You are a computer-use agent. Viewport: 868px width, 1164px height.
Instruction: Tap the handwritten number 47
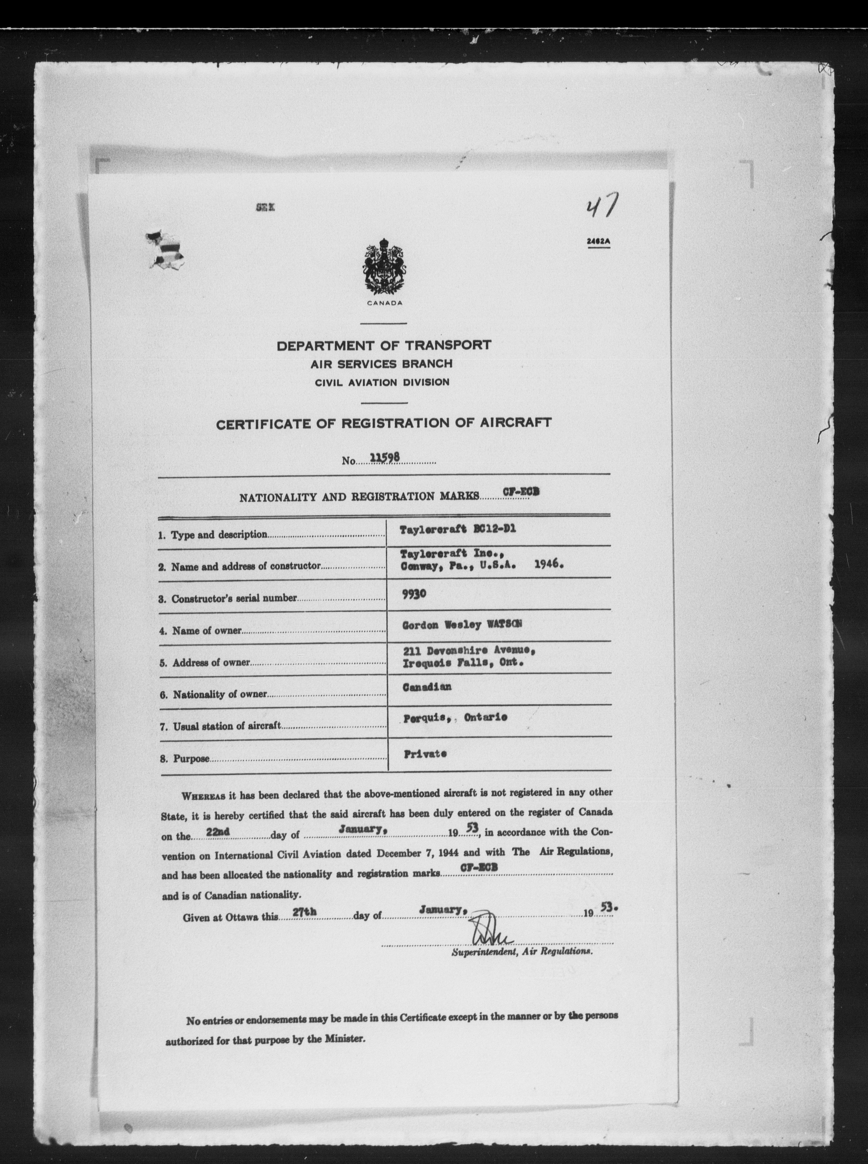coord(600,207)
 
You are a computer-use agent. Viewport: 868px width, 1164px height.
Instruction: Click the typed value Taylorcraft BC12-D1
coord(457,529)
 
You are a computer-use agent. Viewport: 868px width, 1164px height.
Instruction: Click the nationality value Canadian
coord(427,687)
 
